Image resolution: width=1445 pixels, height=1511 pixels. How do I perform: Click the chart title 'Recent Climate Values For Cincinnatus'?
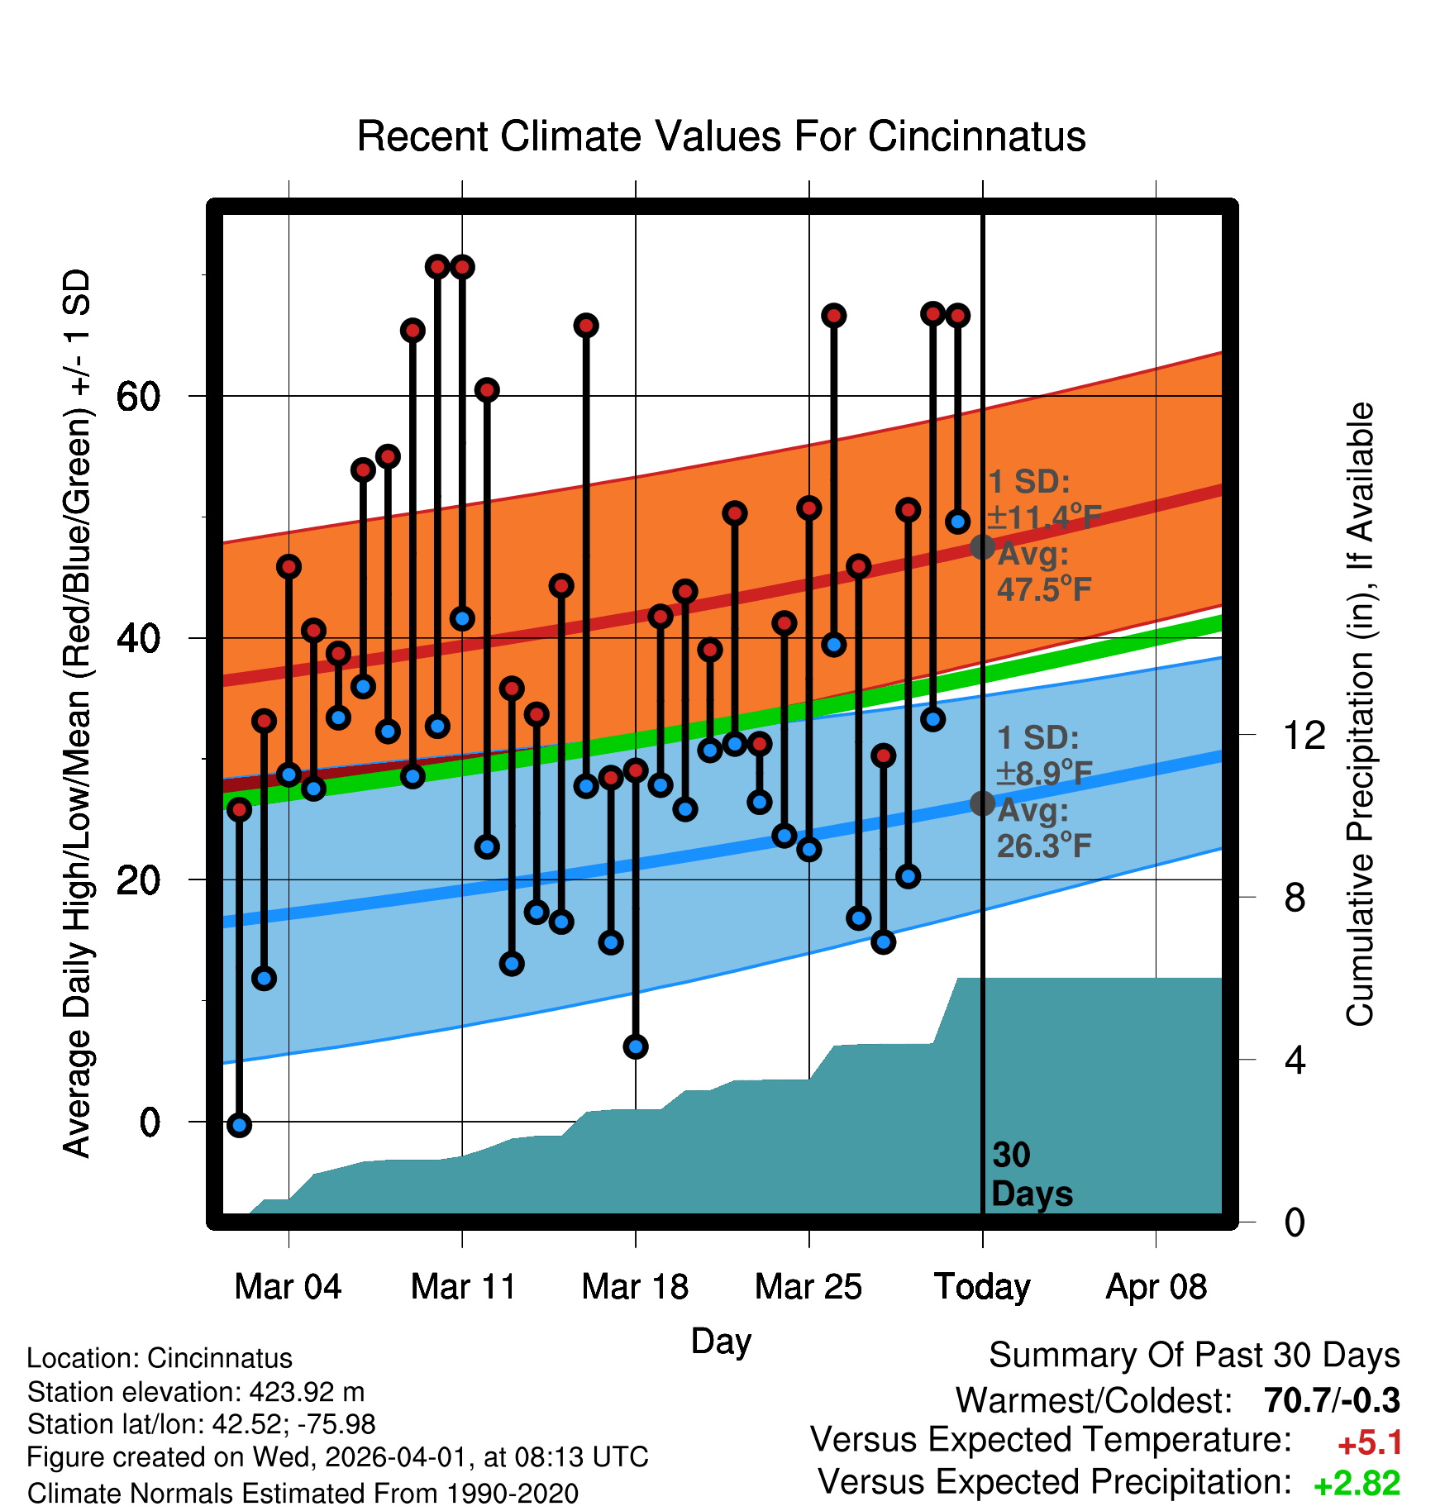(721, 136)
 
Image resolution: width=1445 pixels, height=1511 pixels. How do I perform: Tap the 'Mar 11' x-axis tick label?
(463, 1287)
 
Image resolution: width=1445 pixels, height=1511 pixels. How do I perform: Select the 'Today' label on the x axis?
(982, 1287)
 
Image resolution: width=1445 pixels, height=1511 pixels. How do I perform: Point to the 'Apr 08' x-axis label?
(1156, 1287)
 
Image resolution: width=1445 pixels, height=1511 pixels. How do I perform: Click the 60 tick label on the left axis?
(138, 397)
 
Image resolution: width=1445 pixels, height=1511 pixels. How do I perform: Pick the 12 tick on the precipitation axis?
(1304, 735)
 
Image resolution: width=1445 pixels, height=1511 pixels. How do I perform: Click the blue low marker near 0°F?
(239, 1125)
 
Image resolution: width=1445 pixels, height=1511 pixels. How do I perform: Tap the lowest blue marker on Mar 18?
(636, 1046)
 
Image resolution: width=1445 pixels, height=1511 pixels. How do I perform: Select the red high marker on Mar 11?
(462, 267)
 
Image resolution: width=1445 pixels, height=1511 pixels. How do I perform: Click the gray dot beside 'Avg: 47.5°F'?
(982, 546)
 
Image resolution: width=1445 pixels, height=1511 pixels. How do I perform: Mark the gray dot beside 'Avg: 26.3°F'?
(982, 803)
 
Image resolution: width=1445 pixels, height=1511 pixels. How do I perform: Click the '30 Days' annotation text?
(1031, 1175)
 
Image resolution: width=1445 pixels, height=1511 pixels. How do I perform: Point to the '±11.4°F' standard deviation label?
(1044, 517)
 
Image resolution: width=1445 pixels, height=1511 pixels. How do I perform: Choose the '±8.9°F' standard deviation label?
(1044, 774)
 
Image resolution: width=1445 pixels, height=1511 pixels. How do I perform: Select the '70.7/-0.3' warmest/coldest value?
(1332, 1400)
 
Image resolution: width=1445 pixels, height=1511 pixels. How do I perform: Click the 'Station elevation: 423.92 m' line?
(196, 1392)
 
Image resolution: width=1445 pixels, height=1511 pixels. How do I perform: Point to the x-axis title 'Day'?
(721, 1341)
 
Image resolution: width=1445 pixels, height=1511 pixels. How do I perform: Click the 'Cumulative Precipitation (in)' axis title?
(1360, 714)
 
